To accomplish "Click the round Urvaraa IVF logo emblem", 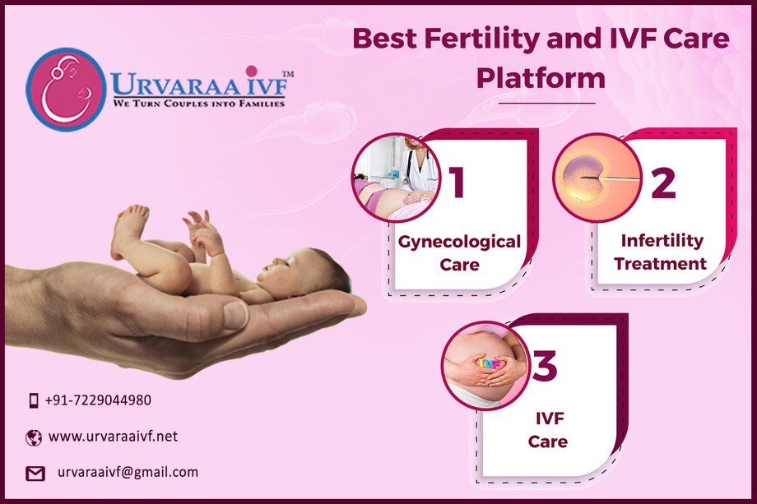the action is (x=66, y=90).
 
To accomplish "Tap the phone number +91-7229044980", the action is (x=98, y=400).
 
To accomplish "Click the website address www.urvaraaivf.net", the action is (x=113, y=437).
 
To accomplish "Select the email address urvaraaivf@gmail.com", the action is (x=128, y=472).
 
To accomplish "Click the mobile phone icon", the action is (x=33, y=400).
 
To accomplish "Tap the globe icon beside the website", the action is (x=33, y=438).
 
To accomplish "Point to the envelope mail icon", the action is (x=35, y=474).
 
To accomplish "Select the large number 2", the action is (x=663, y=183).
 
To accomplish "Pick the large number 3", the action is (x=545, y=366).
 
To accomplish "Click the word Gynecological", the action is (x=459, y=242).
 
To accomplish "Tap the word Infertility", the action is (x=662, y=241).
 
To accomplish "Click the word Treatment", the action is (x=660, y=264).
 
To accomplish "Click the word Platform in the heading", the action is (x=541, y=78).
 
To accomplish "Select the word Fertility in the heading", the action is (x=483, y=39).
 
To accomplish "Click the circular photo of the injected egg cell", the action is (x=597, y=178).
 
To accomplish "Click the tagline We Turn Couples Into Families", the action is (x=199, y=104).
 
